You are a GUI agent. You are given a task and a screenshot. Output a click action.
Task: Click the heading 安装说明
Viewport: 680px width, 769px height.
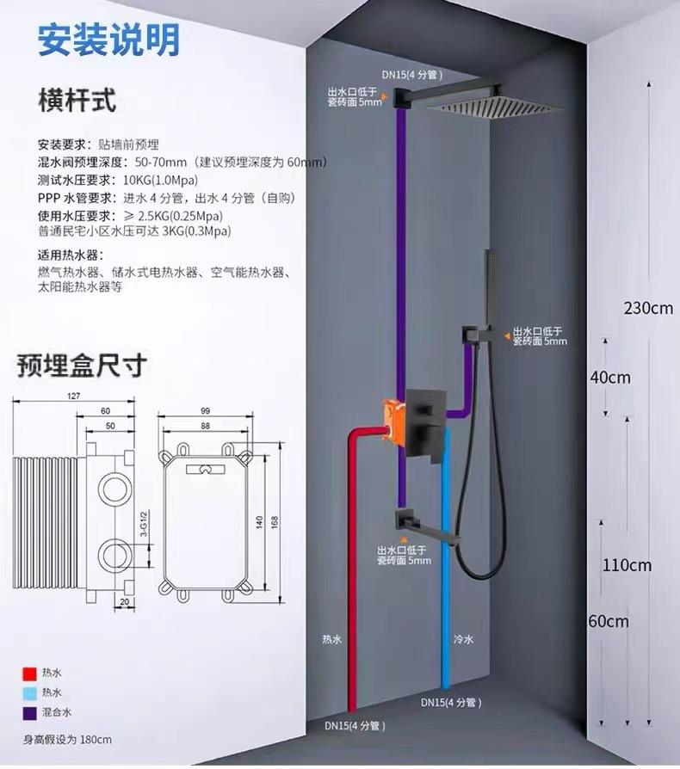(x=108, y=39)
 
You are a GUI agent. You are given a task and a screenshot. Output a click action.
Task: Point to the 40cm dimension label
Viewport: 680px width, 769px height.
(x=609, y=377)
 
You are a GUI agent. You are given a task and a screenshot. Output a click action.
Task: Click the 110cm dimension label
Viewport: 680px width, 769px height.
(x=626, y=565)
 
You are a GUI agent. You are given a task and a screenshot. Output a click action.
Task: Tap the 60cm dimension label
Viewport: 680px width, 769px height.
(x=609, y=621)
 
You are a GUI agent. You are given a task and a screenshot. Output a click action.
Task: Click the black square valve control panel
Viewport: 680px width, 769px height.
(x=426, y=421)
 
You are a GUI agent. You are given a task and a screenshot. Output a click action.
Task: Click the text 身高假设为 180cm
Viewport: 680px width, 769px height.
(x=68, y=739)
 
